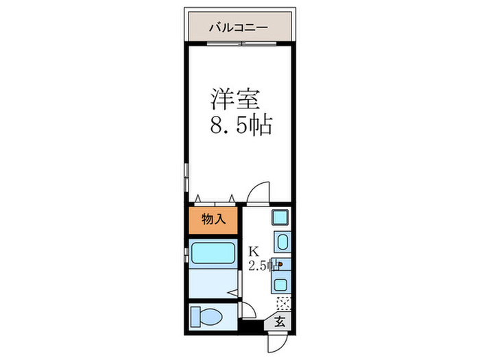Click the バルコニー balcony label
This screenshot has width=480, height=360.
point(239,29)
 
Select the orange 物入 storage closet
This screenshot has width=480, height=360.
point(213,219)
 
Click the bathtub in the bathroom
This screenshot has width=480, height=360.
point(213,255)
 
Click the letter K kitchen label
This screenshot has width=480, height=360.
point(253,250)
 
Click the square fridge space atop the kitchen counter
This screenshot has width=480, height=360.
point(280,219)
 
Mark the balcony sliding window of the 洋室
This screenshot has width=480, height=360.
point(239,44)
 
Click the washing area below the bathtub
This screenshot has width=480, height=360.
point(213,283)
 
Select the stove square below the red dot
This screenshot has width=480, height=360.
point(281,283)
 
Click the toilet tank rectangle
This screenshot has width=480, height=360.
point(195,317)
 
